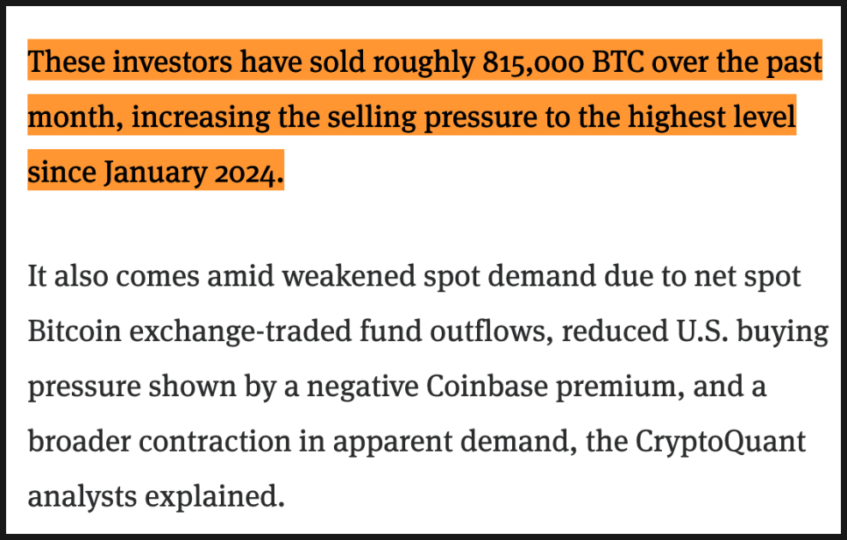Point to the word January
(155, 173)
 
